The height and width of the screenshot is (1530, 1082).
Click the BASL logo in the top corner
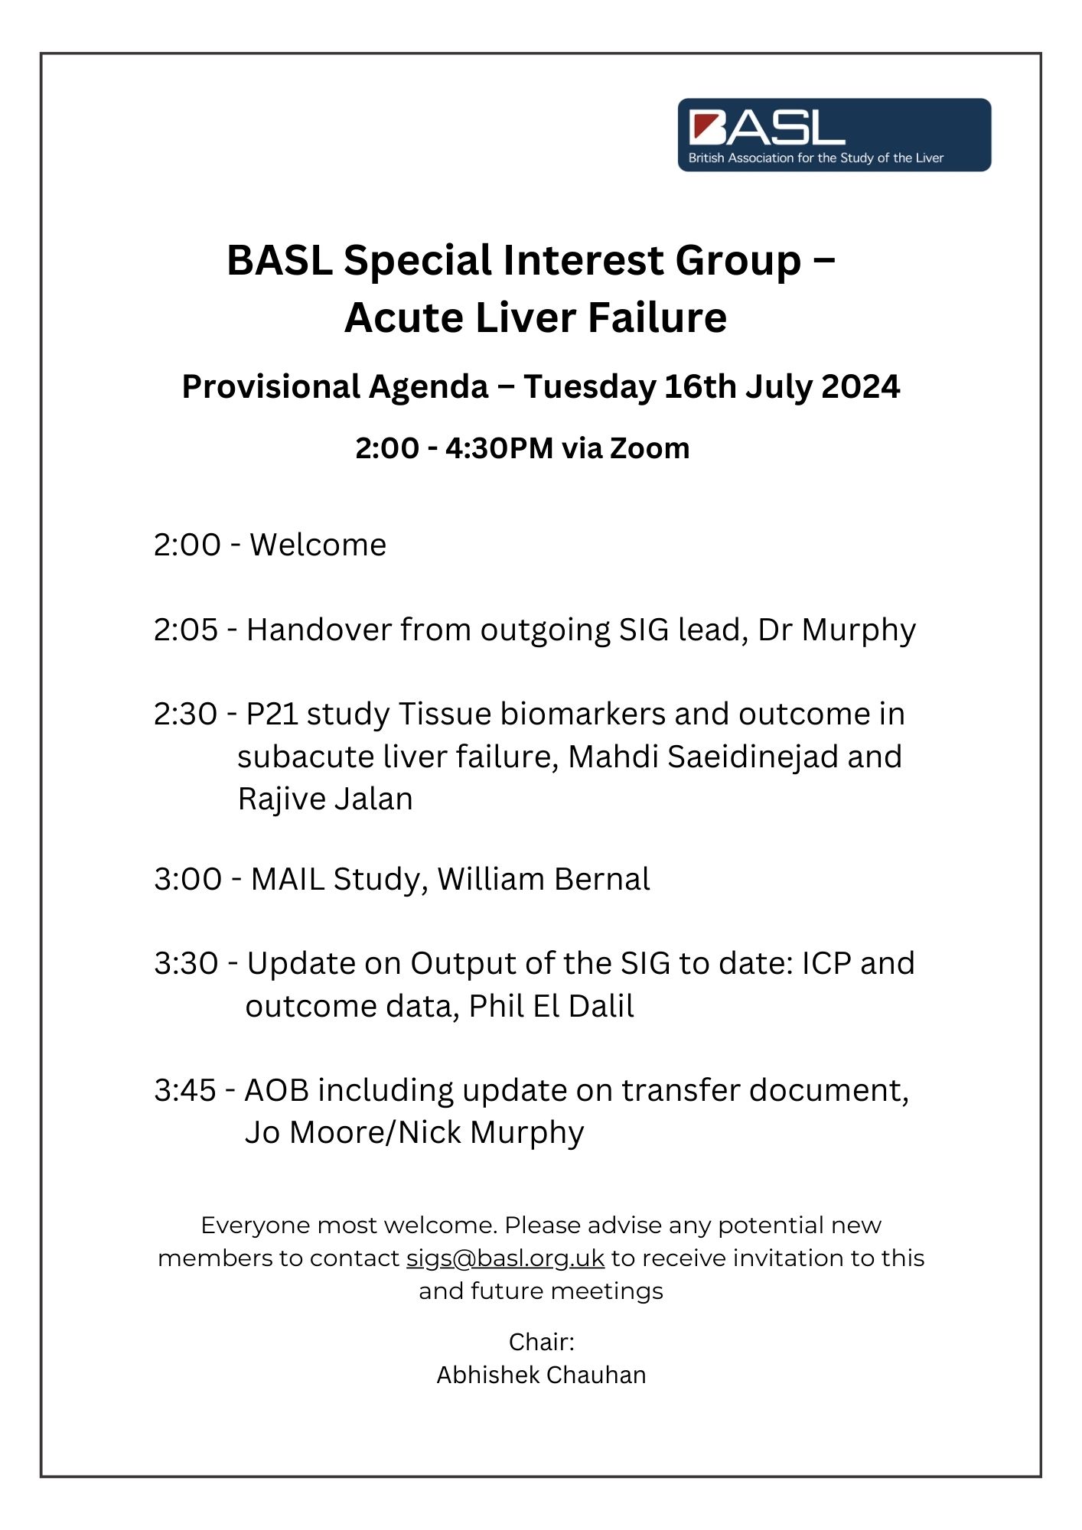pyautogui.click(x=834, y=135)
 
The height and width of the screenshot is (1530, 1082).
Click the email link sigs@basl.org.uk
pyautogui.click(x=505, y=1258)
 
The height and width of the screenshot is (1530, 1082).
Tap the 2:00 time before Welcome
pyautogui.click(x=187, y=545)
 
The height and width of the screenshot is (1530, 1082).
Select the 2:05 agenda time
pyautogui.click(x=186, y=630)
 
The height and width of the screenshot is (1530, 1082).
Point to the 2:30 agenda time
pyautogui.click(x=186, y=715)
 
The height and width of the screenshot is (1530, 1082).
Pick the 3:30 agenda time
pyautogui.click(x=186, y=964)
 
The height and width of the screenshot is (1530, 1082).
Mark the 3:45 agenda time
pyautogui.click(x=185, y=1091)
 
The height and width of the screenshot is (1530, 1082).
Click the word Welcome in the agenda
pyautogui.click(x=318, y=545)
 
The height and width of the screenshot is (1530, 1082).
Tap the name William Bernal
pyautogui.click(x=543, y=880)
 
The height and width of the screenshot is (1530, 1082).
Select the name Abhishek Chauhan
pyautogui.click(x=541, y=1375)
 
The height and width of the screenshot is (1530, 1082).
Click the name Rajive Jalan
pyautogui.click(x=325, y=799)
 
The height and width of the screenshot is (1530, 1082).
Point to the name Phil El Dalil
pyautogui.click(x=551, y=1007)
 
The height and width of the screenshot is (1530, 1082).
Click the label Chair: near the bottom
pyautogui.click(x=541, y=1342)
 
